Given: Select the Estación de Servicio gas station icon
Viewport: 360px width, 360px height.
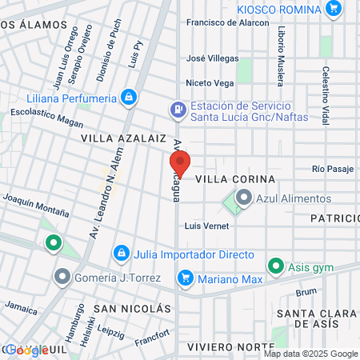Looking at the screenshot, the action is tap(178, 109).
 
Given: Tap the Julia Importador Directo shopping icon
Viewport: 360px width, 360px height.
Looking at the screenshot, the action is tap(121, 254).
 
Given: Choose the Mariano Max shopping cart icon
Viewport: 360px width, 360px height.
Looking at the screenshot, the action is tap(186, 278).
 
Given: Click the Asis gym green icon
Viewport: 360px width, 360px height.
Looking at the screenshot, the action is tap(275, 265).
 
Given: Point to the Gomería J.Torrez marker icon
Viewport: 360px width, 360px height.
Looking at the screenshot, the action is tap(62, 278).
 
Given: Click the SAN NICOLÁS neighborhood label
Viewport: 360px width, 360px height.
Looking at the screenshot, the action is tap(132, 308).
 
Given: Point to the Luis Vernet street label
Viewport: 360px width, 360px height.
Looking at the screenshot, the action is tap(202, 226).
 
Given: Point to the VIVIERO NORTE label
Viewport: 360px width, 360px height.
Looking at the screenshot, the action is tap(226, 346).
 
